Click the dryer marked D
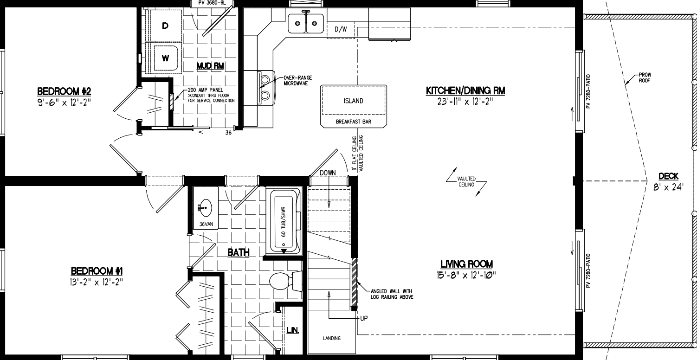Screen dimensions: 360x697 click(165, 26)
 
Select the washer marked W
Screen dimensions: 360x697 click(165, 58)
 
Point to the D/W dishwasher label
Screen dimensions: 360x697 click(341, 29)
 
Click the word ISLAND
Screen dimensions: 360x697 click(353, 101)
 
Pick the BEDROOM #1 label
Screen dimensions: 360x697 click(96, 270)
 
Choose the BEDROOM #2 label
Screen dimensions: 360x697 click(63, 90)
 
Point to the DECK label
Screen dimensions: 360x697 click(668, 176)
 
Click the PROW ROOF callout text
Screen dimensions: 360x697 click(645, 77)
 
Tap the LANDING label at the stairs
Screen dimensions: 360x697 click(331, 338)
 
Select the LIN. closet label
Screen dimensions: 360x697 click(292, 330)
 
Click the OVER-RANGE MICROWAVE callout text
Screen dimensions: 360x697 click(297, 80)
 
